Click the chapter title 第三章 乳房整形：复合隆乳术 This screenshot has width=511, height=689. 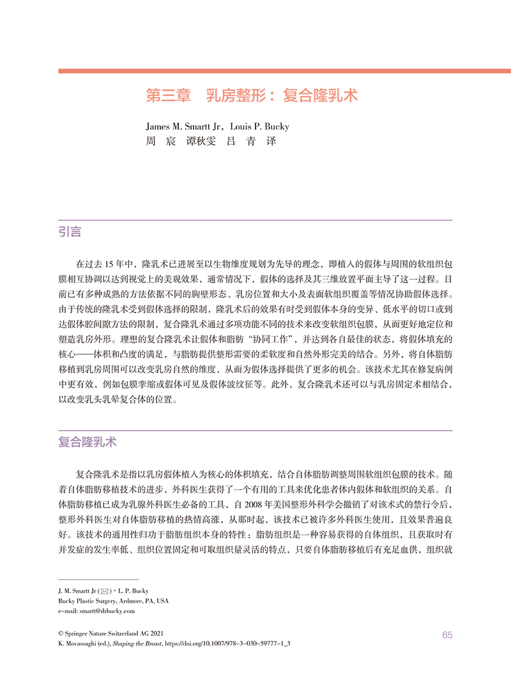[x=252, y=97]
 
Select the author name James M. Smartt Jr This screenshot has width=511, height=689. [x=186, y=127]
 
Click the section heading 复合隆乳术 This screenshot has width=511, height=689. [x=88, y=442]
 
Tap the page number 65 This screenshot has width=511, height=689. [x=446, y=635]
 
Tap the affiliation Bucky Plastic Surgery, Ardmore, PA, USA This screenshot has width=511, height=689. [x=113, y=601]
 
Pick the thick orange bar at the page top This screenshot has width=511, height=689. [x=284, y=70]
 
